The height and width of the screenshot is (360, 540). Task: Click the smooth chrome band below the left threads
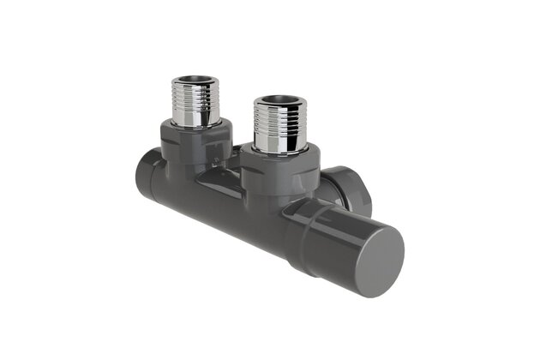tap(195, 116)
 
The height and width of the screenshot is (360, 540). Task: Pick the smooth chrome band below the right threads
tap(278, 141)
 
